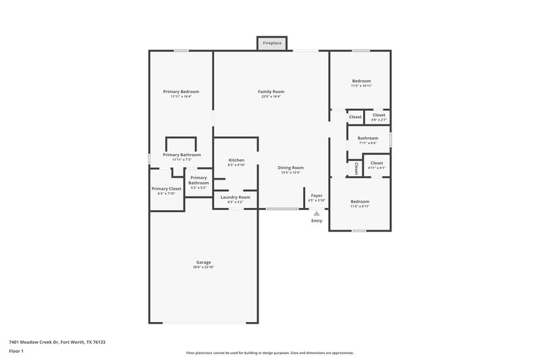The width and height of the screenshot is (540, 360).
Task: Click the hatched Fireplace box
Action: tap(272, 43)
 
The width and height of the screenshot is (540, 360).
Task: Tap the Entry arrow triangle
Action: tap(317, 213)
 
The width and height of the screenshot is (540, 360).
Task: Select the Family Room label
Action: tap(271, 91)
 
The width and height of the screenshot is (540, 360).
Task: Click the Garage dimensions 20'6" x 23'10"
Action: tap(203, 267)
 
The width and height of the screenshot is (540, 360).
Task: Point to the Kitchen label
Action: tap(236, 160)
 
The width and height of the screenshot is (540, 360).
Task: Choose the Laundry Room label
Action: tap(236, 197)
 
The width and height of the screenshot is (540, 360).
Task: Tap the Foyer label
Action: tap(317, 196)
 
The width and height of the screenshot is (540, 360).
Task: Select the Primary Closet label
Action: tap(166, 189)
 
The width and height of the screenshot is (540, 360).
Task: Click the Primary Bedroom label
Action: tap(181, 91)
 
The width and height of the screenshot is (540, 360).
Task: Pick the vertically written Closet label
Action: tap(356, 168)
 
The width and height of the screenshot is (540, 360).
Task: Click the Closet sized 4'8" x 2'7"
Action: tap(379, 115)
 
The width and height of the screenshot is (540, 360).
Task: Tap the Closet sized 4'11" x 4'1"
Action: tap(377, 163)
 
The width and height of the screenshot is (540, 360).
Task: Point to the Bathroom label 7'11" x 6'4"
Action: tap(368, 138)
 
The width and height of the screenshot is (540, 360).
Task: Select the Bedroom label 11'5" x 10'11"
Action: tap(360, 81)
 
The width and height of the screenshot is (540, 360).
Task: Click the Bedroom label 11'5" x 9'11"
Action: tap(360, 201)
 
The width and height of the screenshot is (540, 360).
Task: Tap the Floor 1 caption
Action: tap(17, 352)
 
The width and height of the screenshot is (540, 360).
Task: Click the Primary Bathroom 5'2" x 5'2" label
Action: tap(198, 180)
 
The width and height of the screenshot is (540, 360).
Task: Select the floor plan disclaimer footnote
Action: tap(270, 353)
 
